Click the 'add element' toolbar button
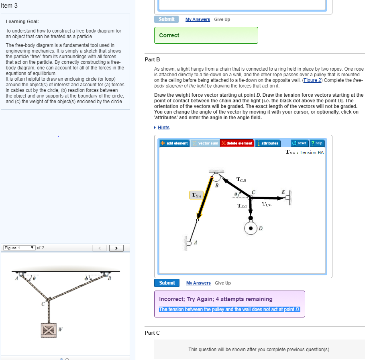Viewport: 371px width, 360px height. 174,143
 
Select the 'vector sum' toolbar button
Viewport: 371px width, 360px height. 205,143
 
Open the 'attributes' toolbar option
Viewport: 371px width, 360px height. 267,143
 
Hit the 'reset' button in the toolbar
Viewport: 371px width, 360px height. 300,143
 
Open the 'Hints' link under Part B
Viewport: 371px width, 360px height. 163,128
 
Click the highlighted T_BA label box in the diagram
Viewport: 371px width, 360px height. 197,195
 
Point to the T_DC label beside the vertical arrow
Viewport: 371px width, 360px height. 242,206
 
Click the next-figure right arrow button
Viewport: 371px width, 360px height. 116,248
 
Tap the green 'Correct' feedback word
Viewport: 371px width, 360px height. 169,35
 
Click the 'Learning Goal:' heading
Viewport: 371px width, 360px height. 22,22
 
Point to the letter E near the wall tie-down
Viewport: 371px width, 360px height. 283,192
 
